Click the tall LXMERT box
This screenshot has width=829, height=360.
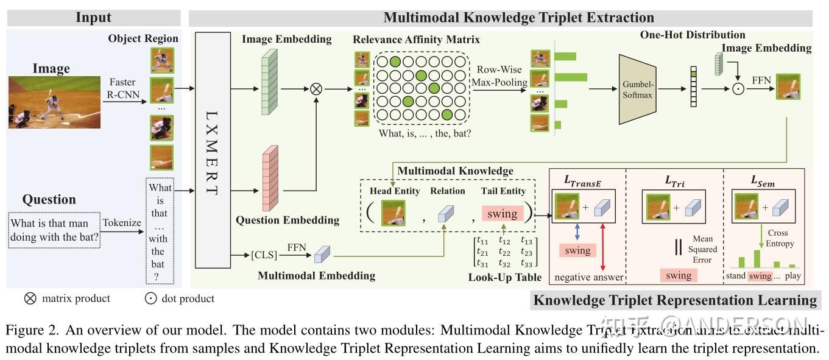point(213,149)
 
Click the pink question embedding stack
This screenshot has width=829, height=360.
point(269,179)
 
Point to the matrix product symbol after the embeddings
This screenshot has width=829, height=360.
point(316,89)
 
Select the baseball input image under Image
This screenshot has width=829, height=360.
point(54,102)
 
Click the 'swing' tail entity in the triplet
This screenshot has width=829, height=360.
point(502,214)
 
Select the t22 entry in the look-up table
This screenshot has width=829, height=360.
point(504,252)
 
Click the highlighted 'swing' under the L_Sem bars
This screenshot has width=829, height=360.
point(760,276)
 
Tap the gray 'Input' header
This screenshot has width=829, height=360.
point(93,18)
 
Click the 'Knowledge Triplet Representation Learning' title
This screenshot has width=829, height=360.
point(674,300)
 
